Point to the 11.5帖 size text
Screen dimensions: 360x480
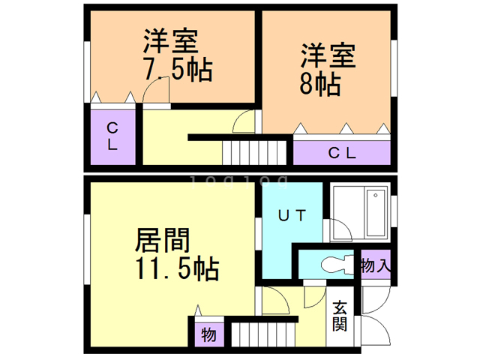click(x=175, y=268)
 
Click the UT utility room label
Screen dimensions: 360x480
click(x=292, y=216)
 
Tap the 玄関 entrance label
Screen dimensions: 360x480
click(x=340, y=316)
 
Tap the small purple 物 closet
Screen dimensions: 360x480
click(x=208, y=334)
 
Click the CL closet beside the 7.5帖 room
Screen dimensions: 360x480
click(x=112, y=136)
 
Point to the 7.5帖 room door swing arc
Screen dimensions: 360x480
click(x=156, y=91)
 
